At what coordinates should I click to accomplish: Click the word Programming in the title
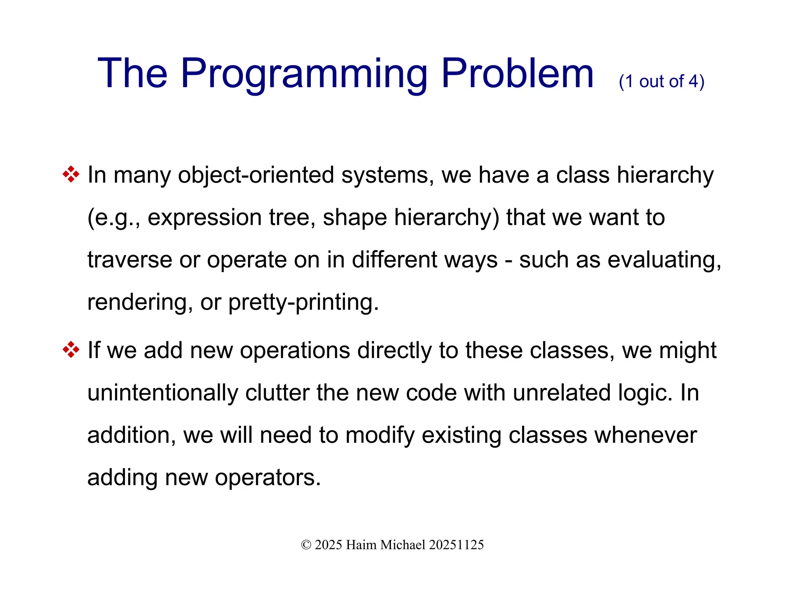tap(304, 74)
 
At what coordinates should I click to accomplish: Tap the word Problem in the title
tap(517, 74)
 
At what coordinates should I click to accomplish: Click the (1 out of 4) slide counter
tap(662, 81)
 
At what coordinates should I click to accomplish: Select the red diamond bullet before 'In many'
tap(71, 174)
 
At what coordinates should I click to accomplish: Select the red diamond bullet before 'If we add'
tap(71, 350)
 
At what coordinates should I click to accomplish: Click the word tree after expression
tap(292, 218)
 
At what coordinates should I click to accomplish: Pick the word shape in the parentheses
tap(355, 218)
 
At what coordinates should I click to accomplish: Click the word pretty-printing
tap(303, 302)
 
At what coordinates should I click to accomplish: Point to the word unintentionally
tap(163, 393)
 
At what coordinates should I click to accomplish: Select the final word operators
tap(268, 478)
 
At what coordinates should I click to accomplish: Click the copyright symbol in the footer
tap(306, 545)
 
